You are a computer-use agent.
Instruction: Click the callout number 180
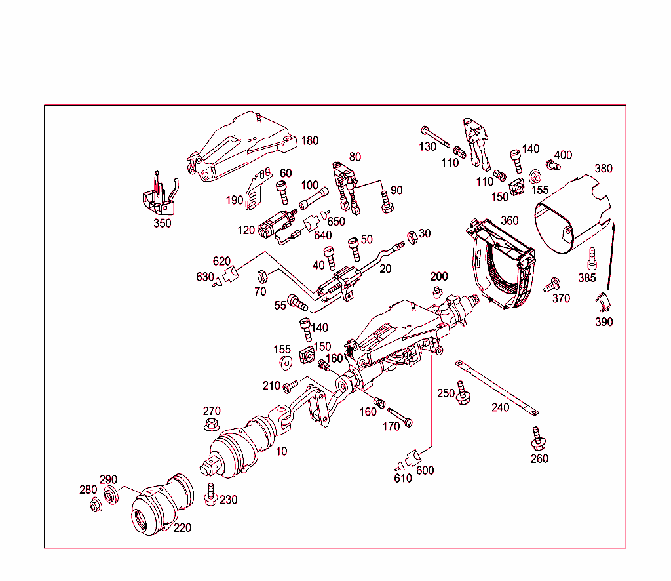pyautogui.click(x=309, y=141)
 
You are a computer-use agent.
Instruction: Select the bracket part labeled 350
pyautogui.click(x=159, y=196)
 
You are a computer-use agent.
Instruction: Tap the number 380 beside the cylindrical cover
pyautogui.click(x=603, y=169)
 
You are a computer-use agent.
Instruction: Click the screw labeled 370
pyautogui.click(x=551, y=285)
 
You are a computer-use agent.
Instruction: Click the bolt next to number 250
pyautogui.click(x=463, y=392)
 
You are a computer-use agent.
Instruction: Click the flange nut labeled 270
pyautogui.click(x=211, y=425)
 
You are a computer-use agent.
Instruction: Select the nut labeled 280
pyautogui.click(x=94, y=505)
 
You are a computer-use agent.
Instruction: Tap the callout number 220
pyautogui.click(x=182, y=527)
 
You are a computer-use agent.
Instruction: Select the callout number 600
pyautogui.click(x=425, y=470)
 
